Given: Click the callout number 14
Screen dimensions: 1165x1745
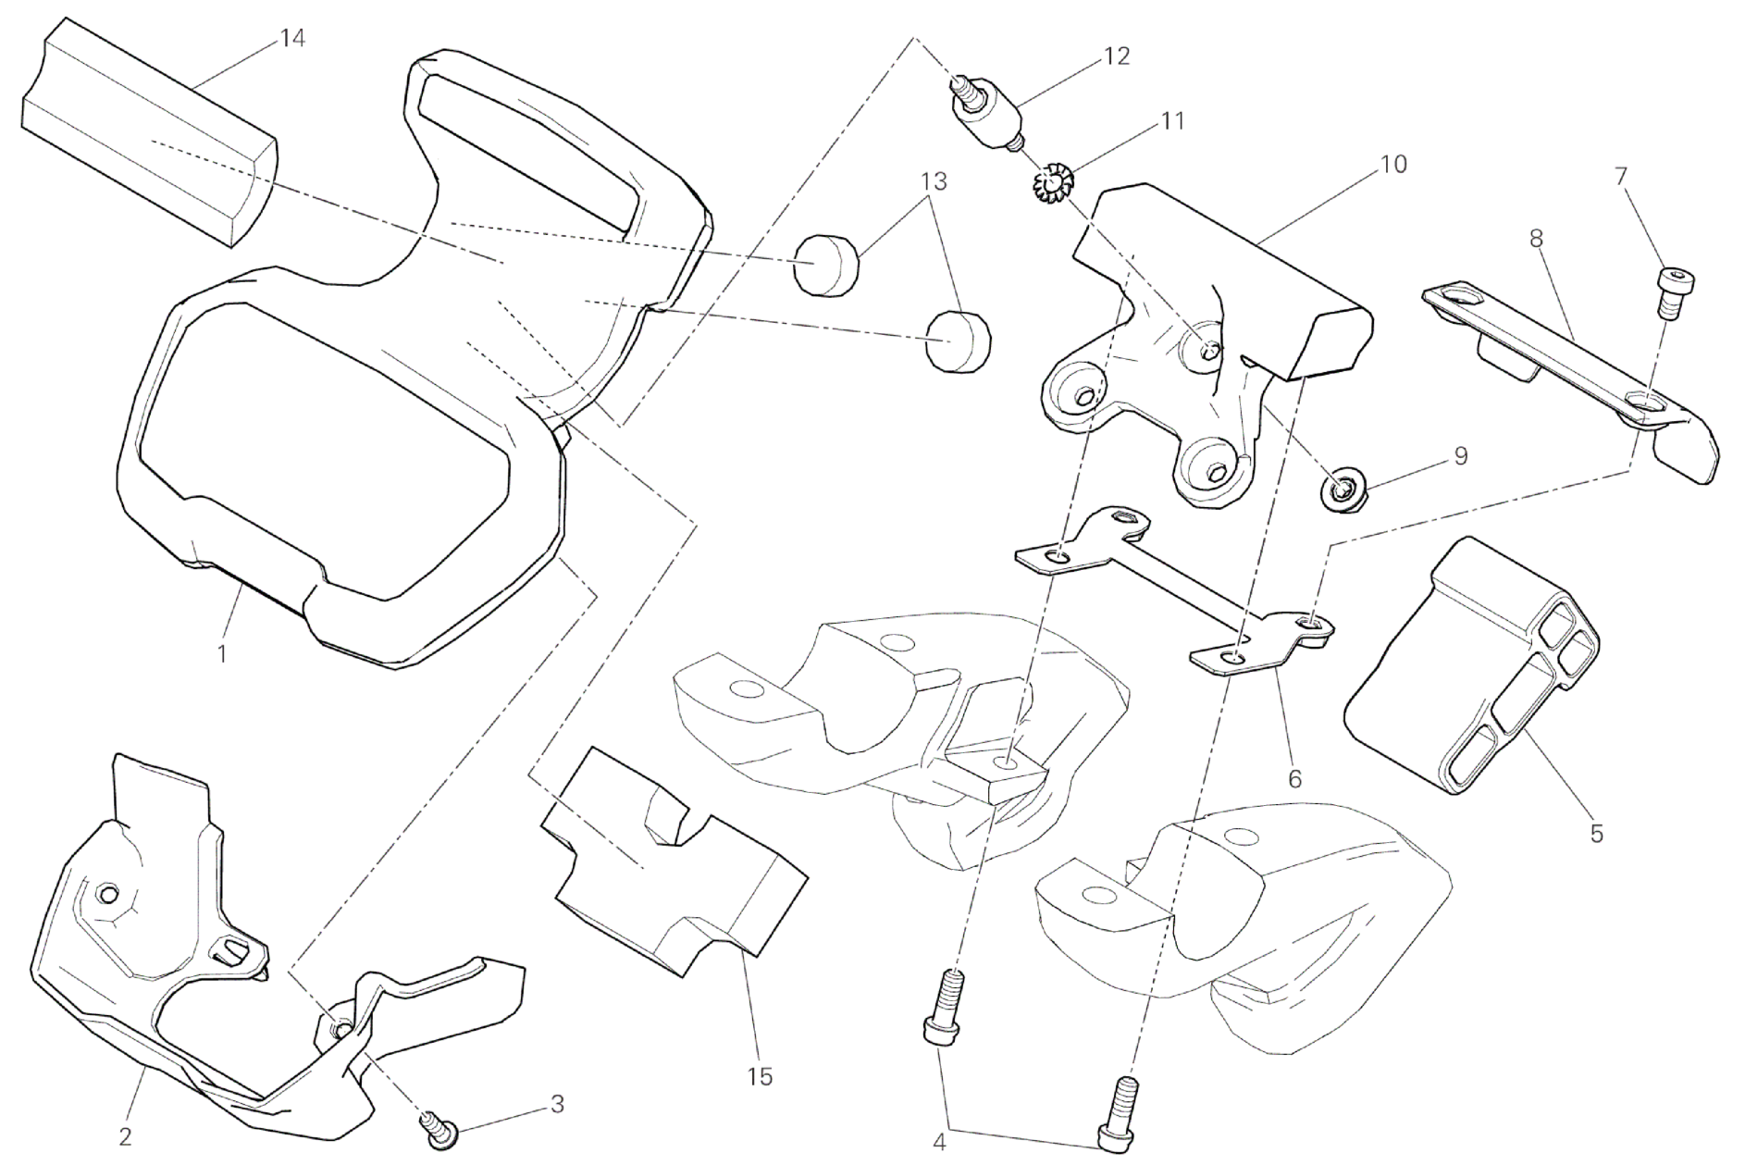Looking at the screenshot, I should point(293,39).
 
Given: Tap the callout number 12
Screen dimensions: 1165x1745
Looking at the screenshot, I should point(1117,56).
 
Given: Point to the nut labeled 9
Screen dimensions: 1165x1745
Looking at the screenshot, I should point(1335,490).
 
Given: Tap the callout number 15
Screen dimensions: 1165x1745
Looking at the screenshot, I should point(759,1076).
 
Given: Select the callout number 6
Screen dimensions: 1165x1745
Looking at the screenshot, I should point(1294,779).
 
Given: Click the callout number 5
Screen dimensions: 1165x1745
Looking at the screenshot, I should point(1596,833).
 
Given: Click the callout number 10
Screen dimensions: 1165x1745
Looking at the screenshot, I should point(1392,164).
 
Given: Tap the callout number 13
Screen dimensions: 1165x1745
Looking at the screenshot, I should point(934,181).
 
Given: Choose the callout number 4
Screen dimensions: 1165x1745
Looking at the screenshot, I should point(939,1142).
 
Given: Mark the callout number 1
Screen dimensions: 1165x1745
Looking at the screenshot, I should point(222,653).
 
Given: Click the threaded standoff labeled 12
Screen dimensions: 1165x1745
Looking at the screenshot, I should point(985,111).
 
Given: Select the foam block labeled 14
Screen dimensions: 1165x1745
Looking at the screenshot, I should point(148,139).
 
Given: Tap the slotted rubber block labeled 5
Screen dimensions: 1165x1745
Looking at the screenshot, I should point(1471,666).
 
